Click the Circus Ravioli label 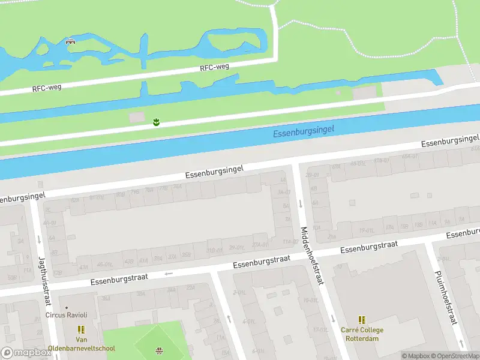[67, 315]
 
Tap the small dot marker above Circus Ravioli [67, 307]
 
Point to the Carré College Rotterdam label [362, 334]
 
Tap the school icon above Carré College [362, 320]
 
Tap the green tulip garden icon [156, 122]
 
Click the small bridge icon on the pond [70, 42]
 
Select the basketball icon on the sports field [159, 350]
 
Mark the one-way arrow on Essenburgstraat [169, 274]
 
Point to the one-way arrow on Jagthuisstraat [39, 239]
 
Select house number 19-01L [367, 230]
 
